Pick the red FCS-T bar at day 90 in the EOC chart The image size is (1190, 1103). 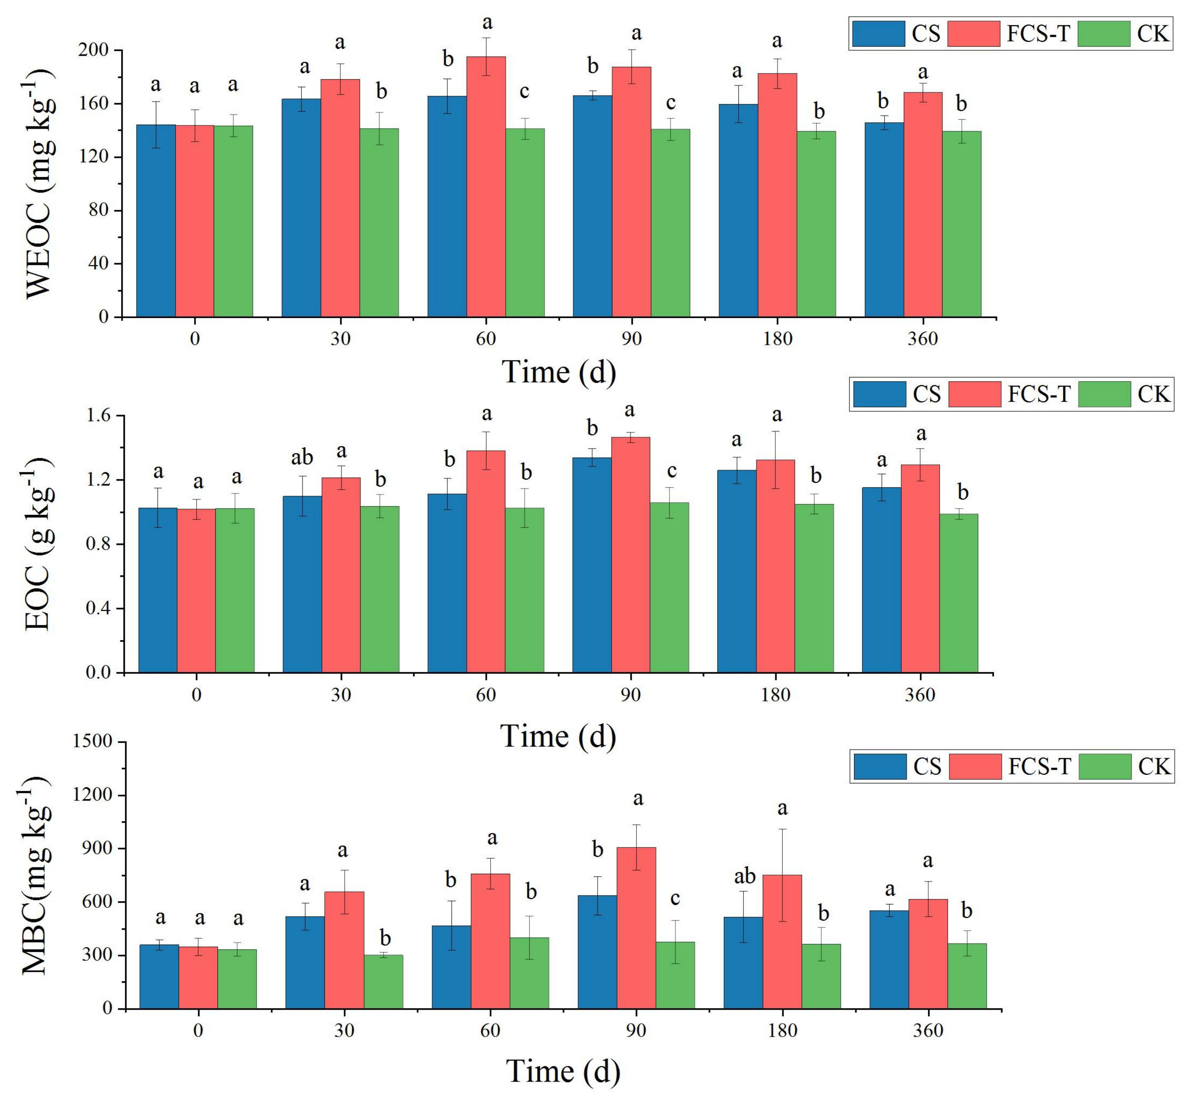click(x=630, y=555)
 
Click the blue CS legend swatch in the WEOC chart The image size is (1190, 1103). click(x=878, y=33)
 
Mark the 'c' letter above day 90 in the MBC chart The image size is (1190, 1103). click(x=675, y=898)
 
